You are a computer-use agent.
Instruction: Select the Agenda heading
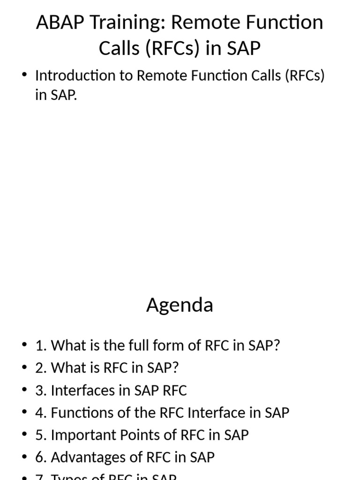click(180, 305)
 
